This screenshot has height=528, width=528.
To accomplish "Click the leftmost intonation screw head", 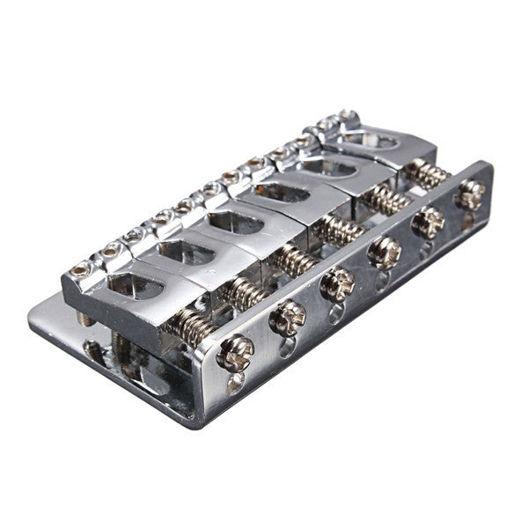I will click(236, 352).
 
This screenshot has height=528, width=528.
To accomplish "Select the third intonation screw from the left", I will click(336, 284).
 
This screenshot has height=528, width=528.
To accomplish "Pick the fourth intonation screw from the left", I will click(385, 253).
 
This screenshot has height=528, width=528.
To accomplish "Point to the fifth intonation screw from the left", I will click(429, 223).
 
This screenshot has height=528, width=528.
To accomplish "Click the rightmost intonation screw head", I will click(470, 194).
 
